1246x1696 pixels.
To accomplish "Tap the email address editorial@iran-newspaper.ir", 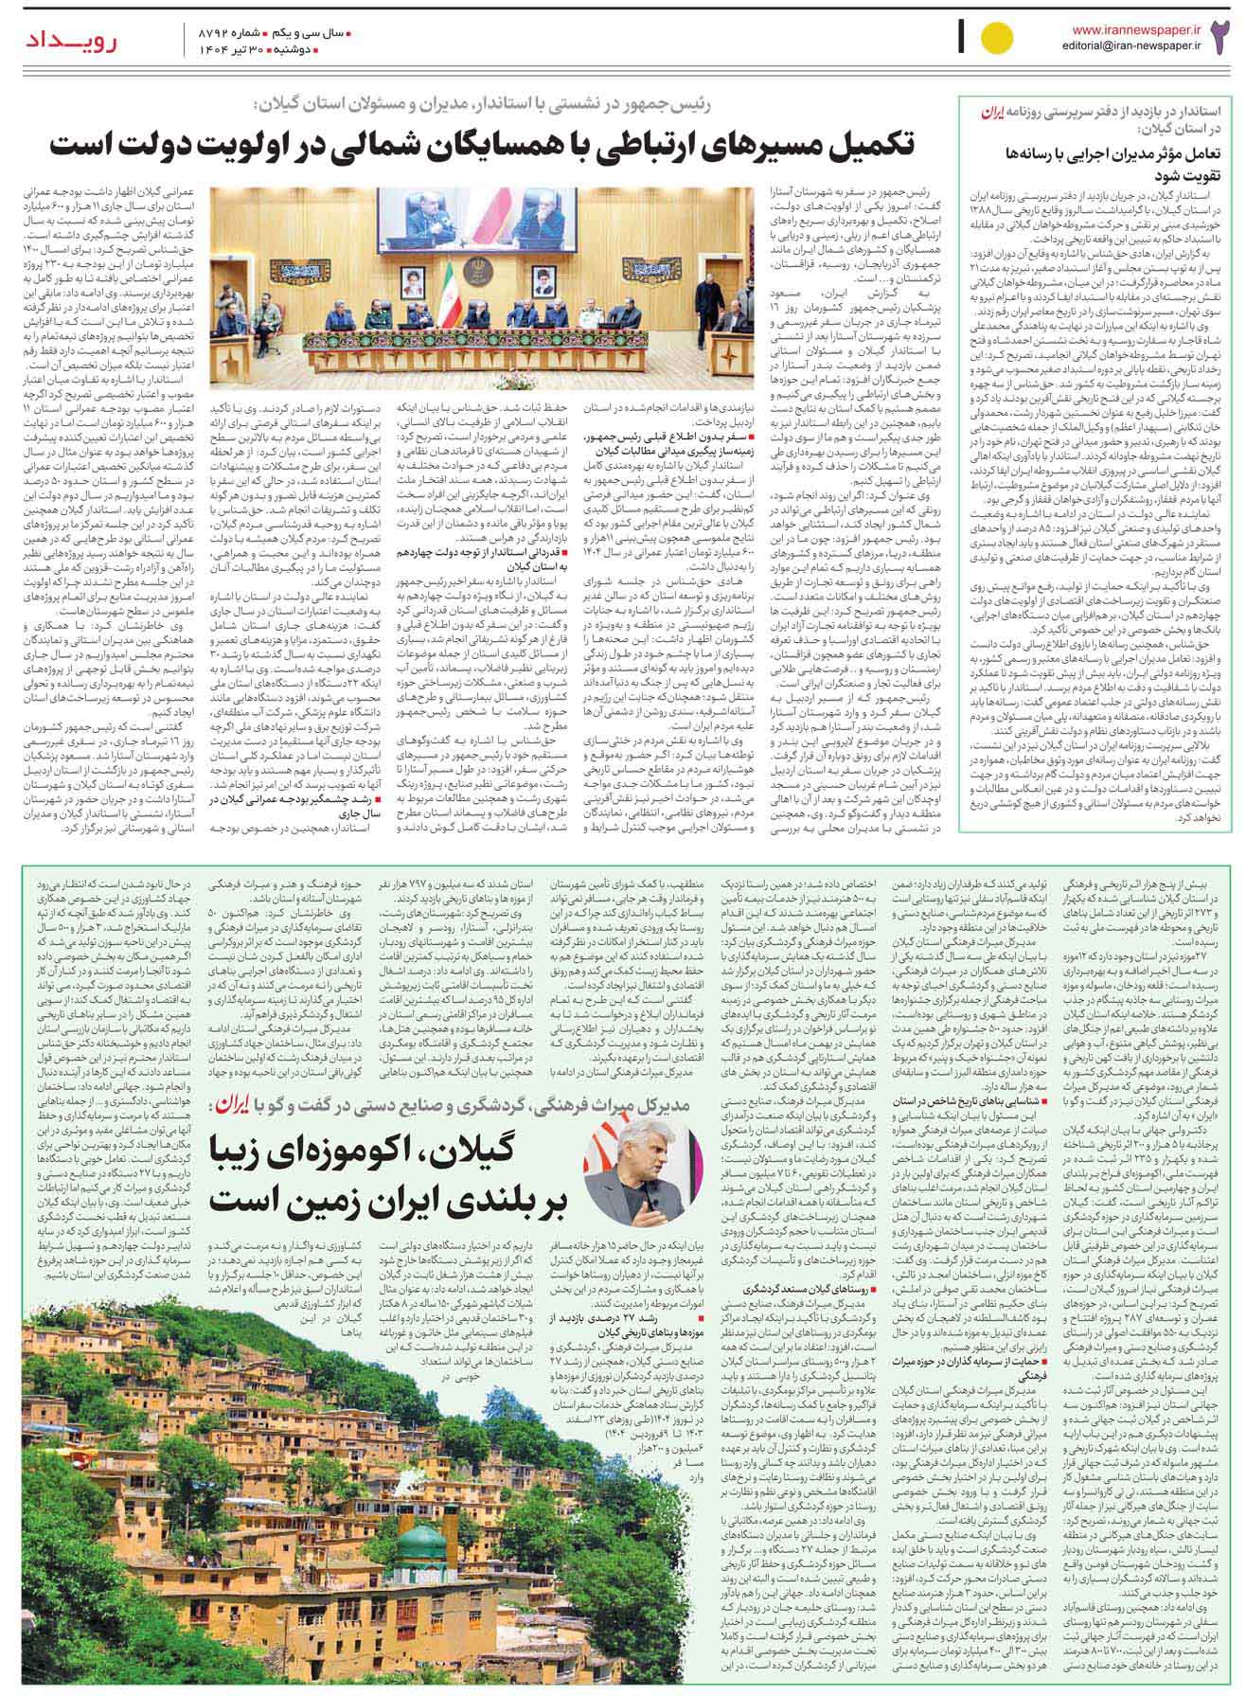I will (x=1135, y=45).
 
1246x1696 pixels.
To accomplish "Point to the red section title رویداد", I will (x=62, y=39).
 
